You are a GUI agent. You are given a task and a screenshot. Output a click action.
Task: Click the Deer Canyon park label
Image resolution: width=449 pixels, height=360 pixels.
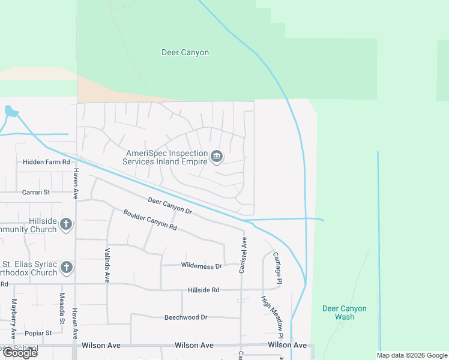tap(185, 53)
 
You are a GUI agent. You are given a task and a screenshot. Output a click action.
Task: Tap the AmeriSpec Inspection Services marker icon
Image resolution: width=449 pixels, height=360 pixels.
tap(217, 158)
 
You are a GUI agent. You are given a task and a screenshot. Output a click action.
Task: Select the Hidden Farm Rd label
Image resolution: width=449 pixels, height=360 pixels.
tap(46, 162)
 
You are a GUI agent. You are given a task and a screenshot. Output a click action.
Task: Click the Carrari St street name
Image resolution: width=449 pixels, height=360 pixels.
tap(36, 192)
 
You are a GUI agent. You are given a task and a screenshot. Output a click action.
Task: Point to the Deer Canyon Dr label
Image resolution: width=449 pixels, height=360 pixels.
tap(169, 206)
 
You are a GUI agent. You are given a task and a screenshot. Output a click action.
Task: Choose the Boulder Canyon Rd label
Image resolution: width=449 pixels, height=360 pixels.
tap(150, 219)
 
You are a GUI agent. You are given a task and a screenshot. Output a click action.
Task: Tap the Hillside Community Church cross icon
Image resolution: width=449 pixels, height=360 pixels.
tap(66, 225)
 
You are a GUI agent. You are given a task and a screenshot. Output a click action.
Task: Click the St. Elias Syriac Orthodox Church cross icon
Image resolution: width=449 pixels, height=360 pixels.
tap(66, 268)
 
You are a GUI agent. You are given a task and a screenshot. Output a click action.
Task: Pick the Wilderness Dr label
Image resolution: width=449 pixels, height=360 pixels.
tap(201, 265)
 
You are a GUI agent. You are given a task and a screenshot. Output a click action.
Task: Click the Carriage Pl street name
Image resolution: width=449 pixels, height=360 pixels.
tap(277, 268)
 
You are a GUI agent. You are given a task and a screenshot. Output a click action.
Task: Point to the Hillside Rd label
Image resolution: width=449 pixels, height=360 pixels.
tap(202, 290)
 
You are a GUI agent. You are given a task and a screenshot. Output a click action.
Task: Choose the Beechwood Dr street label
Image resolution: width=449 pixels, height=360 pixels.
tap(185, 317)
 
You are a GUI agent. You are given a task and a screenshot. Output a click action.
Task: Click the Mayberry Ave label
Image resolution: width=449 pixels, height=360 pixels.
tap(14, 317)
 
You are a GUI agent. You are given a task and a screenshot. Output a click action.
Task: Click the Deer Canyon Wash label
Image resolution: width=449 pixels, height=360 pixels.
tap(344, 313)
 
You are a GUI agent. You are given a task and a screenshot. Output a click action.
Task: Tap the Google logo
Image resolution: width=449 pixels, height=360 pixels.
tap(19, 353)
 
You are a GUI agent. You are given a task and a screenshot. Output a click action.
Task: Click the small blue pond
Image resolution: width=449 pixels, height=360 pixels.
tap(11, 111)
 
